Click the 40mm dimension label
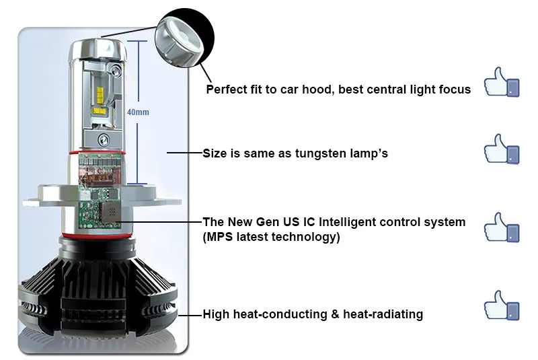pyautogui.click(x=138, y=112)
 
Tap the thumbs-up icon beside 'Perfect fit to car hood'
pyautogui.click(x=501, y=82)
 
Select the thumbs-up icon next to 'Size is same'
pyautogui.click(x=501, y=149)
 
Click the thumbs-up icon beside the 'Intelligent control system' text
pyautogui.click(x=501, y=227)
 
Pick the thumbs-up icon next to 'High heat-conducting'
pyautogui.click(x=501, y=305)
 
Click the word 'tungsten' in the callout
pyautogui.click(x=321, y=153)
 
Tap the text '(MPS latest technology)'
pyautogui.click(x=271, y=237)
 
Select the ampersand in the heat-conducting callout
pyautogui.click(x=335, y=314)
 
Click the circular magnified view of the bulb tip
pyautogui.click(x=184, y=38)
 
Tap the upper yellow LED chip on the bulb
pyautogui.click(x=100, y=93)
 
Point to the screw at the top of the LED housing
pyautogui.click(x=115, y=71)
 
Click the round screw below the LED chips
pyautogui.click(x=104, y=139)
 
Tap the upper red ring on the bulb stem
pyautogui.click(x=97, y=152)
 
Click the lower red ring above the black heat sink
pyautogui.click(x=97, y=235)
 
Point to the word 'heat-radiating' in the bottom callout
pyautogui.click(x=383, y=314)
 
